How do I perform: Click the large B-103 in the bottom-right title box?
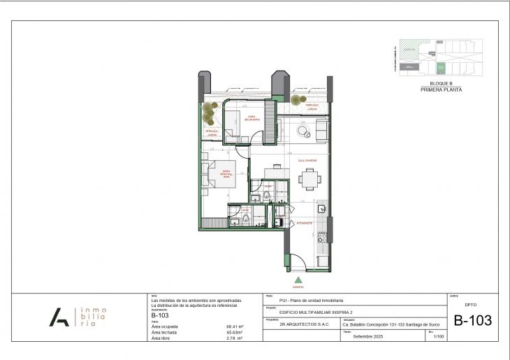click(472, 321)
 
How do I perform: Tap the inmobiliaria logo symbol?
click(59, 317)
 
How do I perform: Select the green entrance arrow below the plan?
click(298, 279)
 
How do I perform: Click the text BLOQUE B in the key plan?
click(441, 83)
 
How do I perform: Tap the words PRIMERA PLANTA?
click(441, 89)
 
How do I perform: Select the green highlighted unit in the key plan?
click(441, 68)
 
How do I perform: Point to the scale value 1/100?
click(439, 337)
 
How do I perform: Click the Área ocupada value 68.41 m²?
click(234, 326)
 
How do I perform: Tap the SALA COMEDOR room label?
click(307, 160)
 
